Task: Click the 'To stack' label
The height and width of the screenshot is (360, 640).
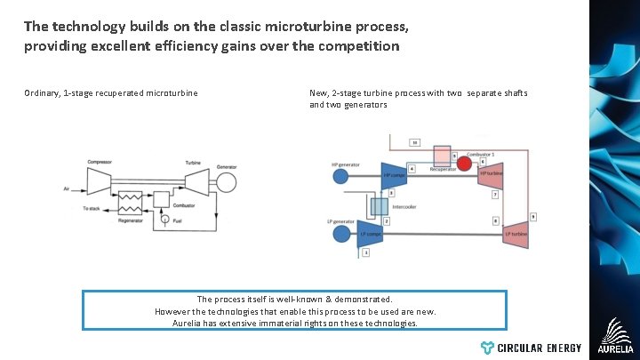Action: (x=92, y=208)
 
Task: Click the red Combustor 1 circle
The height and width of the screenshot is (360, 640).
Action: (x=464, y=164)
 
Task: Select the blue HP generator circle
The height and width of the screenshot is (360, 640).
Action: (x=340, y=176)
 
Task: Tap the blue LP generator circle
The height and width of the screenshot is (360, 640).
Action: (x=340, y=234)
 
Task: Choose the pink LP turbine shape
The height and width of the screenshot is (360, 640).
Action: (x=516, y=234)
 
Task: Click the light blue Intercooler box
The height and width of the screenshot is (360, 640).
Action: (x=380, y=206)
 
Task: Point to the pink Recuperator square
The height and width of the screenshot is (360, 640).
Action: (x=442, y=156)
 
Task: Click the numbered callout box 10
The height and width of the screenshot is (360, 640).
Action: (x=414, y=141)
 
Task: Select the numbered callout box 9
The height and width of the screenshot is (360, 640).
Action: (x=533, y=216)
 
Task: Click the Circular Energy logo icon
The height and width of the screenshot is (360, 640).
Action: (x=486, y=348)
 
